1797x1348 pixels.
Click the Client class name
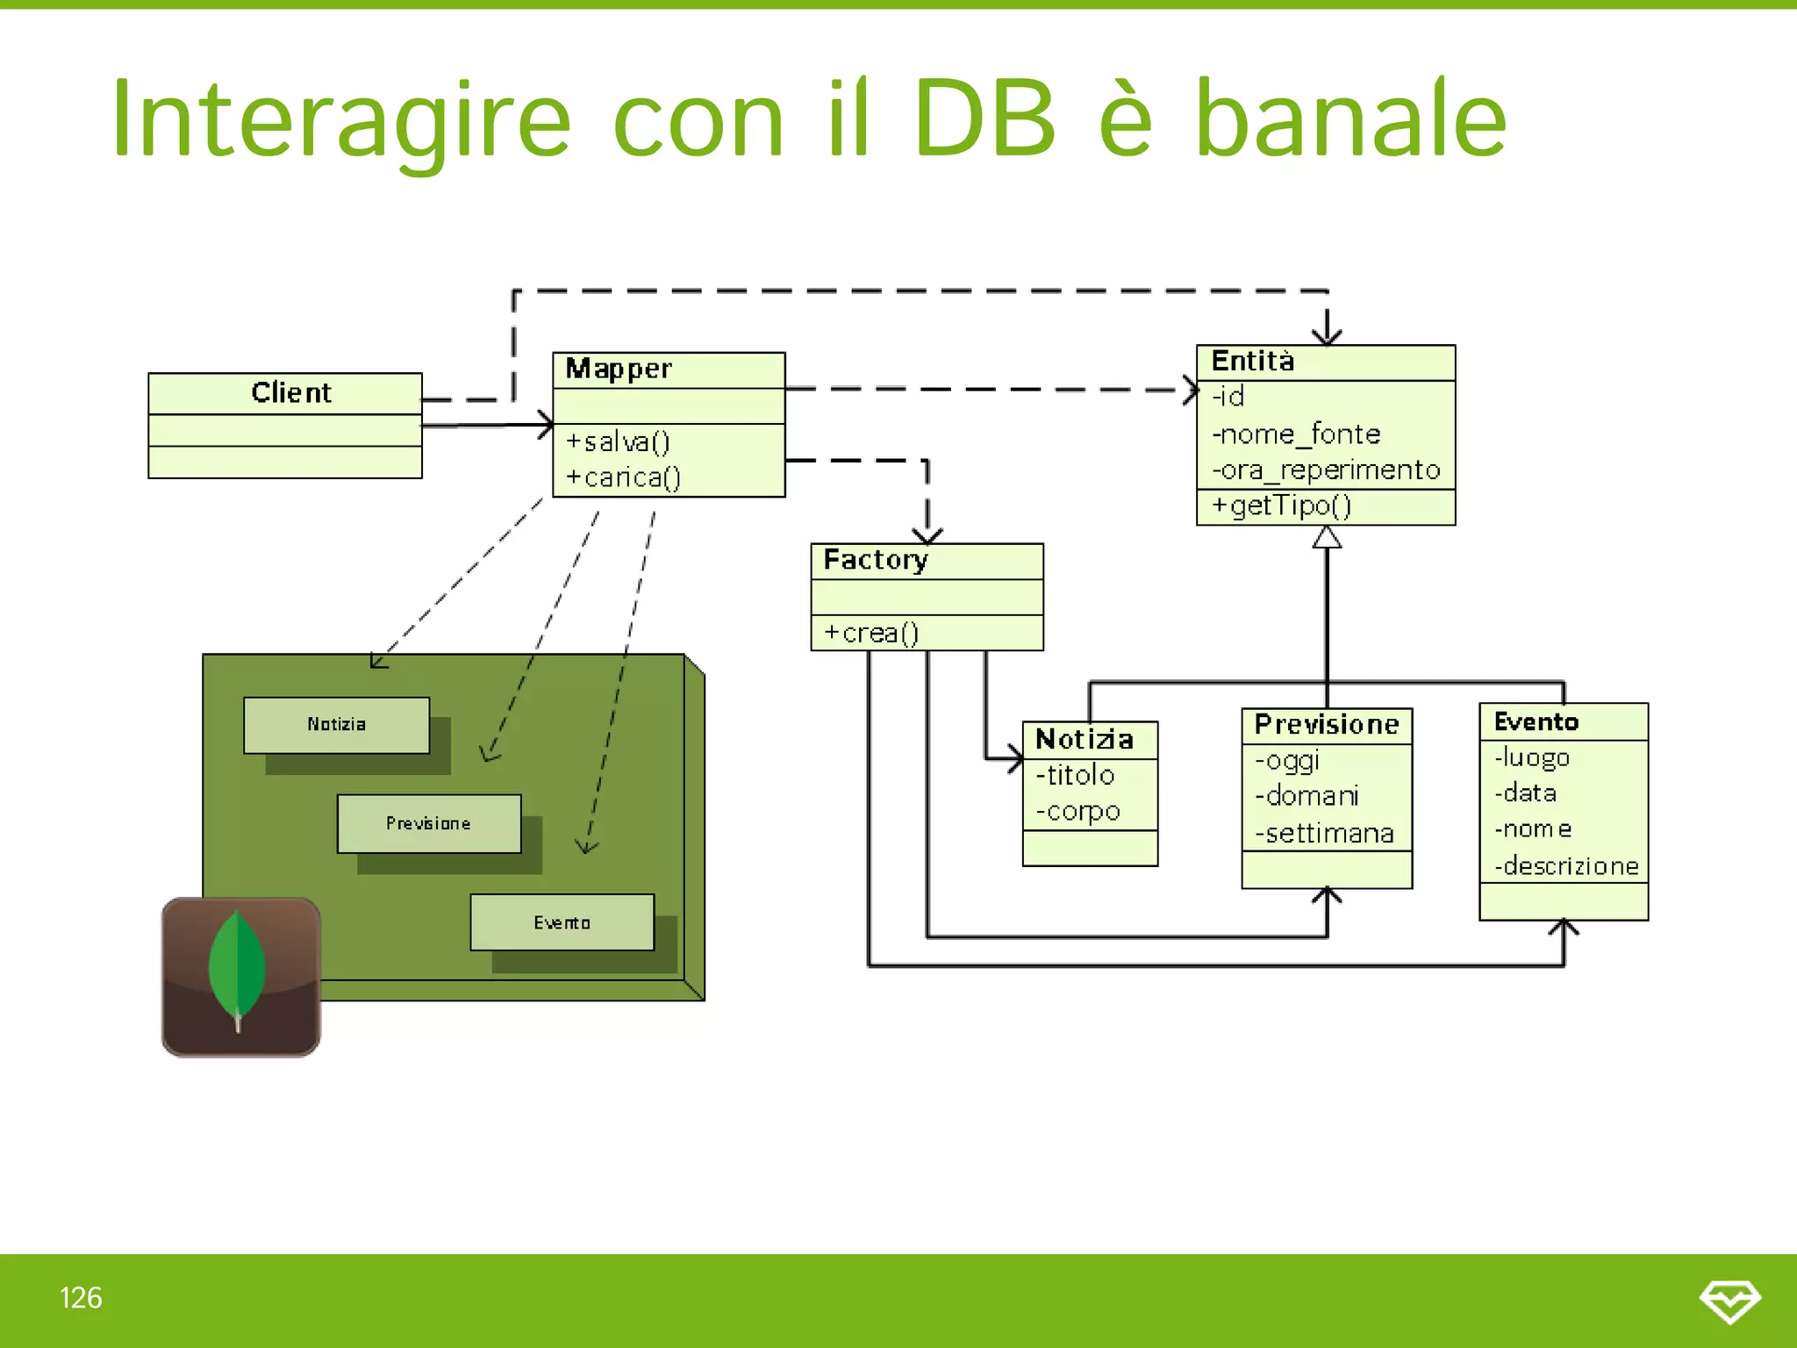(x=290, y=392)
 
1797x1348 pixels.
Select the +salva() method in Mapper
(x=618, y=441)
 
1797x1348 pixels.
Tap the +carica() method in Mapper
(x=623, y=477)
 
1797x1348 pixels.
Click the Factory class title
(x=875, y=560)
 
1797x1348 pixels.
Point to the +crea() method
(x=870, y=633)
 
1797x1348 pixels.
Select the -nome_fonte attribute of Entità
(x=1295, y=434)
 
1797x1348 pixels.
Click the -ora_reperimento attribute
(x=1326, y=470)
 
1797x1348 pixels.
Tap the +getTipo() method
(x=1281, y=505)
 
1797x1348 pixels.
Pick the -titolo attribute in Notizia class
(x=1075, y=775)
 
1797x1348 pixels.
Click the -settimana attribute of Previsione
(x=1324, y=833)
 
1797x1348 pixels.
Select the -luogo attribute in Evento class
(x=1532, y=757)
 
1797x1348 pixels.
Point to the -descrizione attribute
(x=1566, y=866)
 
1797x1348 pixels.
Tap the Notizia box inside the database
(x=337, y=725)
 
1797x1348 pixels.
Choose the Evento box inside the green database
(x=562, y=922)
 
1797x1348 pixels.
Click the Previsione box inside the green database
(x=429, y=823)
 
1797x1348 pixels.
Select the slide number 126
(x=81, y=1298)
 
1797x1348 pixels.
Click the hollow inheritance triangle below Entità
(x=1327, y=537)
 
